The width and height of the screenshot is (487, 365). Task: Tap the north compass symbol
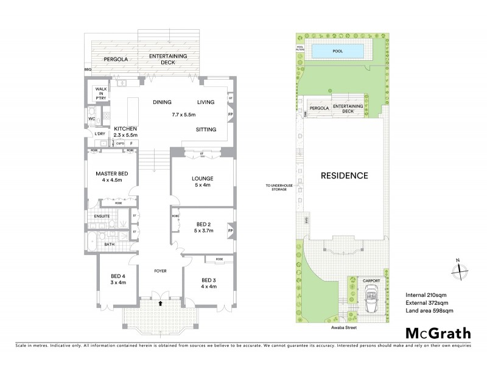tap(457, 268)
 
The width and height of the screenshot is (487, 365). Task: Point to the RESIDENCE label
tap(345, 176)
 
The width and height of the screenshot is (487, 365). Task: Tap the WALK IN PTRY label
tap(100, 95)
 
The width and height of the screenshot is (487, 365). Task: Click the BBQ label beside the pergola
tap(88, 70)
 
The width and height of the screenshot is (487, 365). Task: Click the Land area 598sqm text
tap(429, 311)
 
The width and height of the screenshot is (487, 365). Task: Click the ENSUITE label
tap(102, 216)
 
